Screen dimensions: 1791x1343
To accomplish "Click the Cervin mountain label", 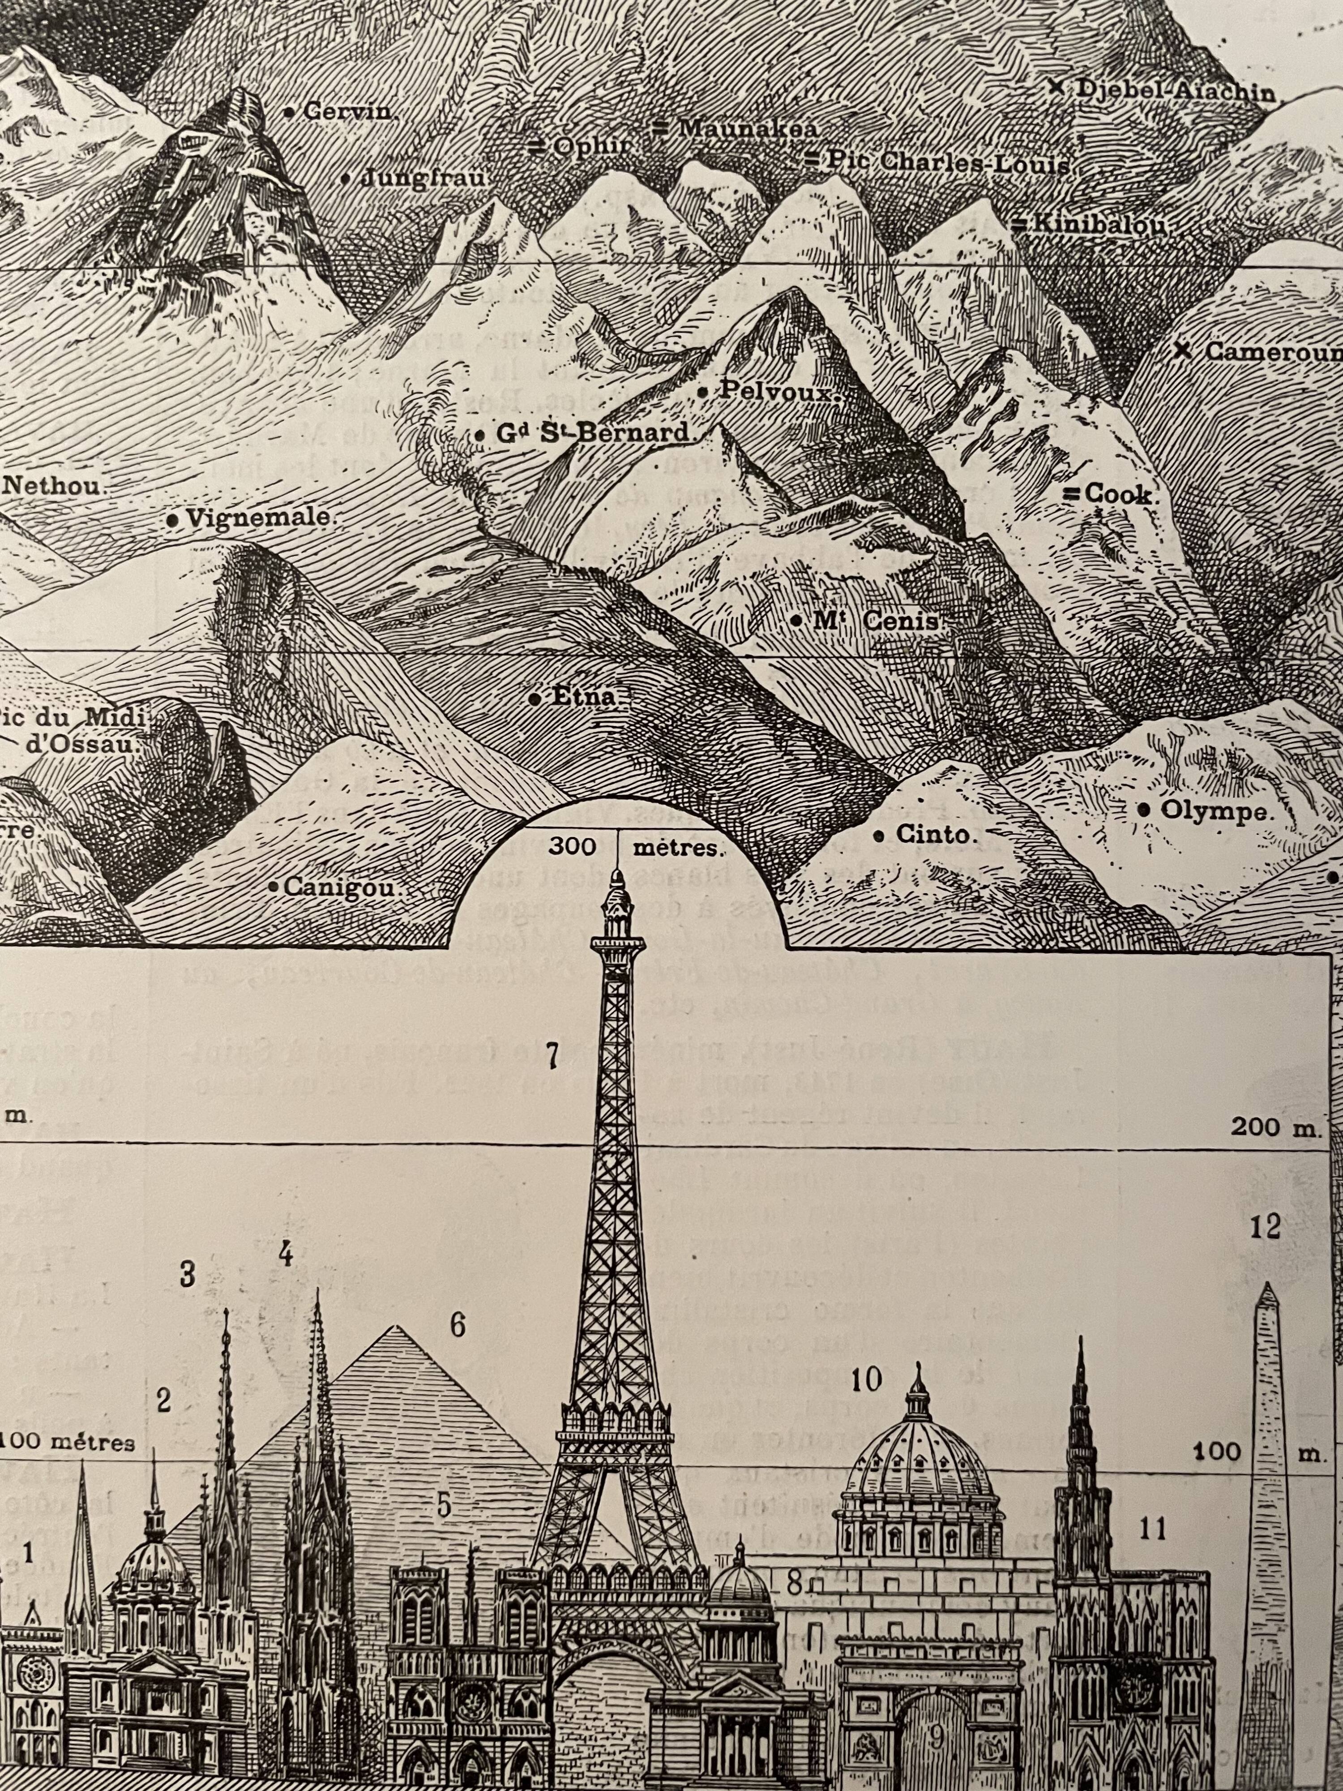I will click(348, 112).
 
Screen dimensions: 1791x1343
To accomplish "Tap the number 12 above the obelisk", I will click(1265, 1227).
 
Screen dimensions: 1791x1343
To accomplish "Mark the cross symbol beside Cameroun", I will click(1183, 351).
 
